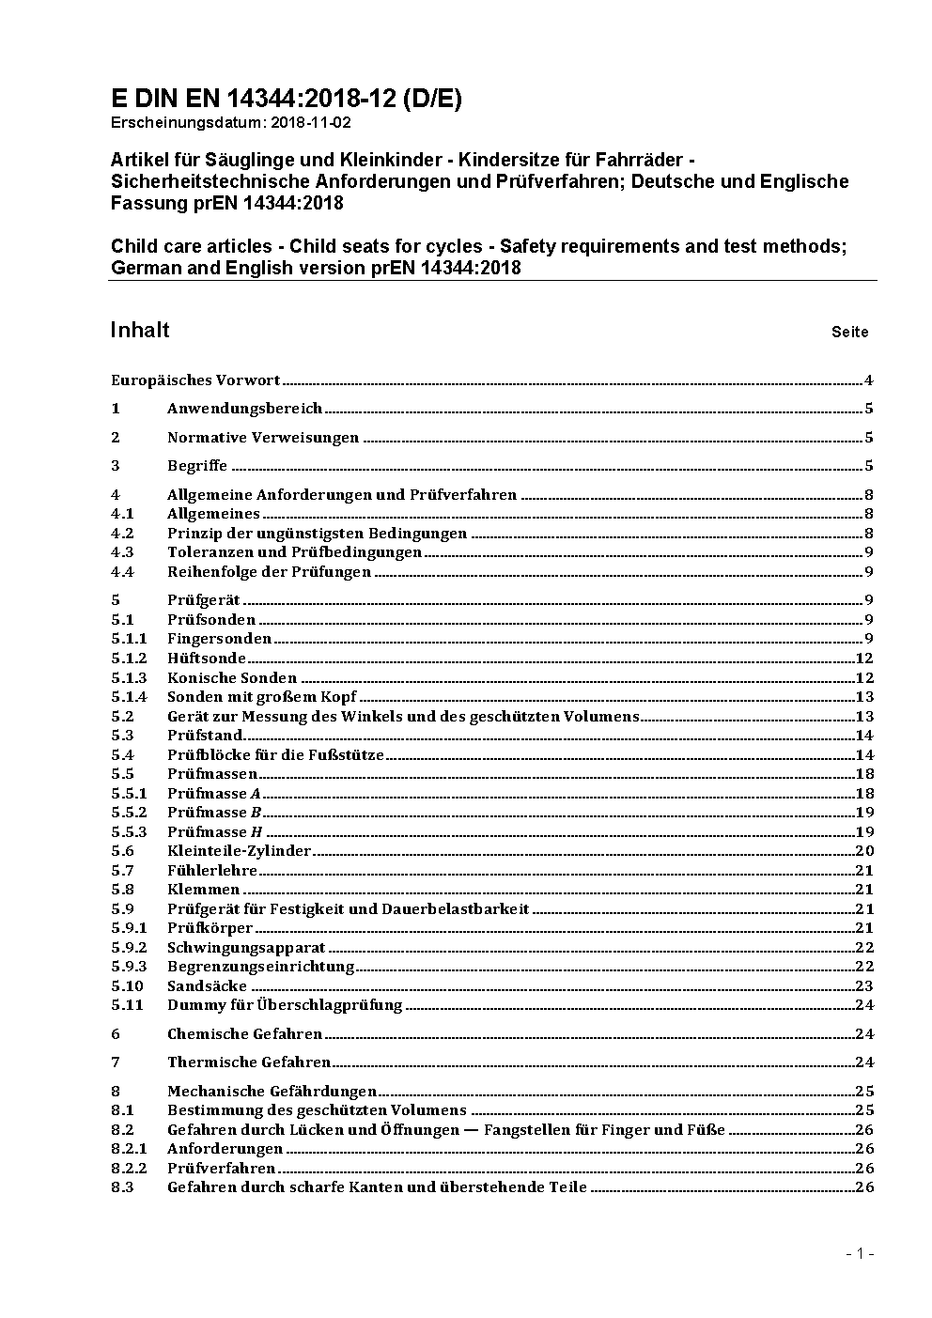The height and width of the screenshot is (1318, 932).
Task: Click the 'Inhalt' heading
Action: tap(140, 330)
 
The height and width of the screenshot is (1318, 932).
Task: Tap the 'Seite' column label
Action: tap(849, 332)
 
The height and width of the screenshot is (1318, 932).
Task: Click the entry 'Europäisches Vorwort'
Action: tap(195, 380)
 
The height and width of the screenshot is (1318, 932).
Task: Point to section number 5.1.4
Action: tap(129, 697)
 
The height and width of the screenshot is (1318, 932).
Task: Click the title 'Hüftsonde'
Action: tap(207, 659)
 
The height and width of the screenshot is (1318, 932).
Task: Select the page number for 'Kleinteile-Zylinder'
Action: tap(864, 851)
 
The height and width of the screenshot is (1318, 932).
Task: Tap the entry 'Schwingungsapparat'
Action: tap(246, 948)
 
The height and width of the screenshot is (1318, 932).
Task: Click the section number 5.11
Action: tap(127, 1005)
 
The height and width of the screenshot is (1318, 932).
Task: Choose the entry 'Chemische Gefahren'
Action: tap(244, 1034)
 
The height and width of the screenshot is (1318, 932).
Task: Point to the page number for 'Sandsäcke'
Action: tap(864, 986)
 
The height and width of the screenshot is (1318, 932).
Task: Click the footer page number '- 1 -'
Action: tap(860, 1253)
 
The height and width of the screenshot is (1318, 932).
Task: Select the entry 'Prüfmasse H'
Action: tap(215, 832)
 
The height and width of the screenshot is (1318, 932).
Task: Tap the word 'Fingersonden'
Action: tap(220, 639)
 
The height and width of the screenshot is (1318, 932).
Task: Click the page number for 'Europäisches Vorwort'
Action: tap(869, 380)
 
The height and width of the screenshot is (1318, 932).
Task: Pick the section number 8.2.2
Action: tap(129, 1169)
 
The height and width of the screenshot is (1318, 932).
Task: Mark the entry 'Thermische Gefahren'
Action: tap(249, 1062)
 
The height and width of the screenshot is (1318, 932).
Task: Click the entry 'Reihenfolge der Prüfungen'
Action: tap(269, 572)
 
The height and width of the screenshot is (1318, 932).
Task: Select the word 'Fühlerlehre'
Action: tap(212, 871)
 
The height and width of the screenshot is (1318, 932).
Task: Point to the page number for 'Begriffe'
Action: tap(869, 466)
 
